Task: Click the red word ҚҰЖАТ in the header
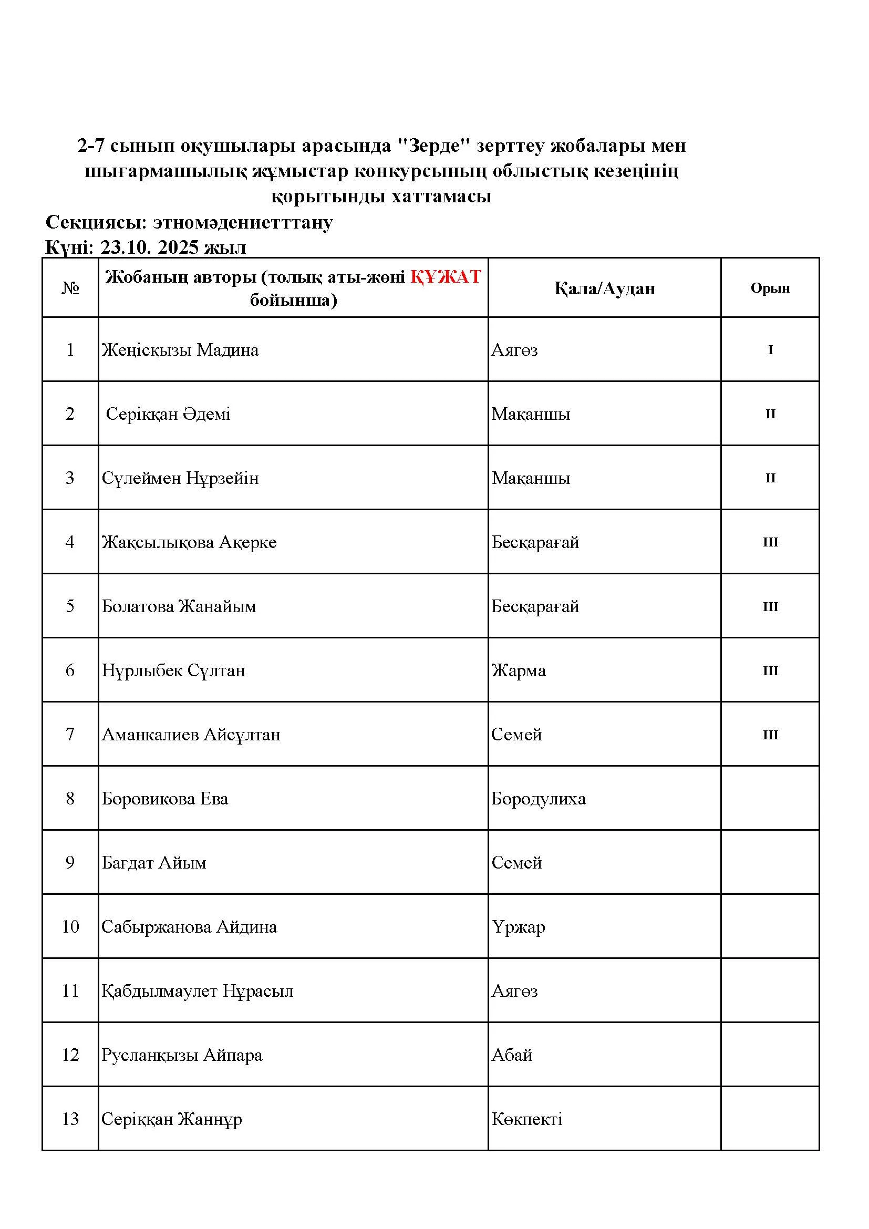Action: pyautogui.click(x=446, y=277)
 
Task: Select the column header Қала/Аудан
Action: pyautogui.click(x=604, y=288)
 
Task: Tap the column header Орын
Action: pyautogui.click(x=770, y=288)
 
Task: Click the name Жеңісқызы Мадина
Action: pyautogui.click(x=180, y=350)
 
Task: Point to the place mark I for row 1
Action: pyautogui.click(x=770, y=350)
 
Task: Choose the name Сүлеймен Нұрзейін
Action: pyautogui.click(x=180, y=478)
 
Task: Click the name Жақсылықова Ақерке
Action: pyautogui.click(x=189, y=542)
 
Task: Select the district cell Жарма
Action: pyautogui.click(x=519, y=670)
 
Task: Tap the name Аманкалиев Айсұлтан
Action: pyautogui.click(x=191, y=735)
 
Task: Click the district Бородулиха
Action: pyautogui.click(x=539, y=799)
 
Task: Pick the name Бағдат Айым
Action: pyautogui.click(x=154, y=863)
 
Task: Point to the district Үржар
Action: pyautogui.click(x=518, y=927)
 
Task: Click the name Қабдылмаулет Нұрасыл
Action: pyautogui.click(x=198, y=992)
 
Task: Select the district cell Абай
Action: pyautogui.click(x=512, y=1055)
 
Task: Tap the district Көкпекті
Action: pyautogui.click(x=526, y=1119)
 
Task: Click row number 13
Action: pyautogui.click(x=70, y=1119)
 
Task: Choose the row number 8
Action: pyautogui.click(x=70, y=799)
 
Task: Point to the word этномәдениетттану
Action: pyautogui.click(x=243, y=222)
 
